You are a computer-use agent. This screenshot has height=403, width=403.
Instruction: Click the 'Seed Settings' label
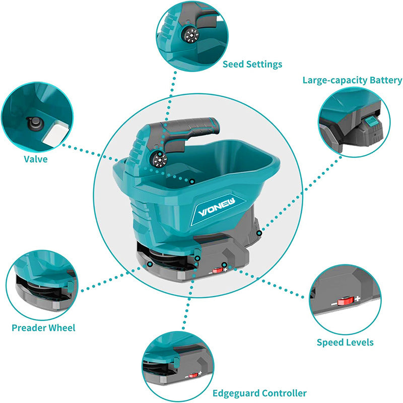[x=252, y=64]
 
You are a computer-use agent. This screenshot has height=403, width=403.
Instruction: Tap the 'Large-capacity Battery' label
[x=352, y=80]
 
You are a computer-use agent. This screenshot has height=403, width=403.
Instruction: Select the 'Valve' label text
[x=35, y=159]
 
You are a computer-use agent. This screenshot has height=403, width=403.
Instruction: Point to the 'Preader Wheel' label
[x=43, y=328]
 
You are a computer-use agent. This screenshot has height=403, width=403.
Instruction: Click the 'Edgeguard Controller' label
[x=259, y=393]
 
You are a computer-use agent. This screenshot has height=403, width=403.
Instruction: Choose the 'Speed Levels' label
[x=345, y=343]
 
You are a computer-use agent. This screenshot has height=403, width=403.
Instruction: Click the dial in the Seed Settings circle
[x=192, y=36]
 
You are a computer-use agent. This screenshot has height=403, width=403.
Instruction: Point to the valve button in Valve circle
[x=33, y=122]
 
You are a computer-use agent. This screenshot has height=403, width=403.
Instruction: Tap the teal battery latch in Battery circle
[x=371, y=121]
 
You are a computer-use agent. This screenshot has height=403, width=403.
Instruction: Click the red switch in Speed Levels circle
[x=345, y=301]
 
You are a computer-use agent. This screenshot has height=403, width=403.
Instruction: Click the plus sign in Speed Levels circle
[x=357, y=299]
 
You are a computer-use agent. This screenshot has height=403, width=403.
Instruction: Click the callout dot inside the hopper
[x=192, y=181]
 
